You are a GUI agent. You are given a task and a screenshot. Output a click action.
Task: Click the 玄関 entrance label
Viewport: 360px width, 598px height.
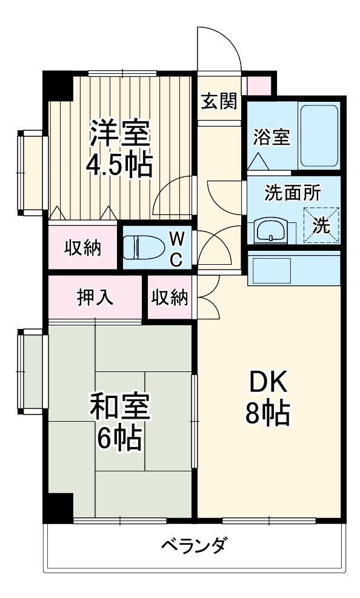pos(219,102)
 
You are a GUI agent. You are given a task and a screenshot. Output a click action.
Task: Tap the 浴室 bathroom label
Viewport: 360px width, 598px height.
pos(271,136)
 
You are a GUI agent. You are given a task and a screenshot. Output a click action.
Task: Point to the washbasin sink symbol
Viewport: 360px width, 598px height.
pos(269,230)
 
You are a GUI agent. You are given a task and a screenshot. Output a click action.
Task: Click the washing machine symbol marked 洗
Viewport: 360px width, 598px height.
pos(321,225)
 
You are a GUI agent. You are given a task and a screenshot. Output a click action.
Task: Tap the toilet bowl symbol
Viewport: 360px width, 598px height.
pos(138,247)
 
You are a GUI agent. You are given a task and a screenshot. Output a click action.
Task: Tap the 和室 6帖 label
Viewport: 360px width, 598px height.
pos(119,422)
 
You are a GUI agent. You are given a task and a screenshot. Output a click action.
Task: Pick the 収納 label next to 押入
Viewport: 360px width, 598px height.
pos(170,297)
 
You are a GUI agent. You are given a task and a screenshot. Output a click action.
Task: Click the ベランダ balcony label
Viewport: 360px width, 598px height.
pos(195,545)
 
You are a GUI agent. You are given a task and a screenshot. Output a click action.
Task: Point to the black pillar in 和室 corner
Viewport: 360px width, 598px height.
pos(59,505)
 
